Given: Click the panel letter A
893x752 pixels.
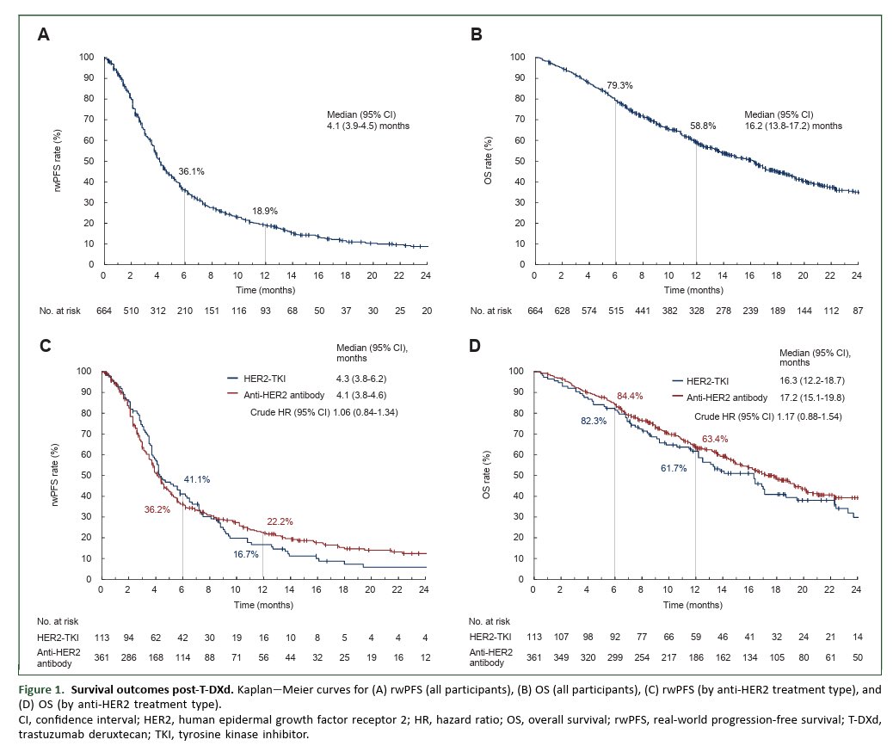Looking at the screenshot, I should pos(43,35).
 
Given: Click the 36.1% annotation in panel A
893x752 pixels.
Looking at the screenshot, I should pos(191,171).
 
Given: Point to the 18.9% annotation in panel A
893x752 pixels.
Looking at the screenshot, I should pos(265,211).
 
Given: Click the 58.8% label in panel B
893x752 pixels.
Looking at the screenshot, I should pos(703,126).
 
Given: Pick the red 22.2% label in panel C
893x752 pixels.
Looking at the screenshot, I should pos(280,521).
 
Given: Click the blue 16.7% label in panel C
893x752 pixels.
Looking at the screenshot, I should pos(246,555).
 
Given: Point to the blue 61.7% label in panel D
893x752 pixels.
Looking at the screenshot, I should pos(674,468).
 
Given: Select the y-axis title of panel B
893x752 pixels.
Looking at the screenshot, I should pos(488,160).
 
